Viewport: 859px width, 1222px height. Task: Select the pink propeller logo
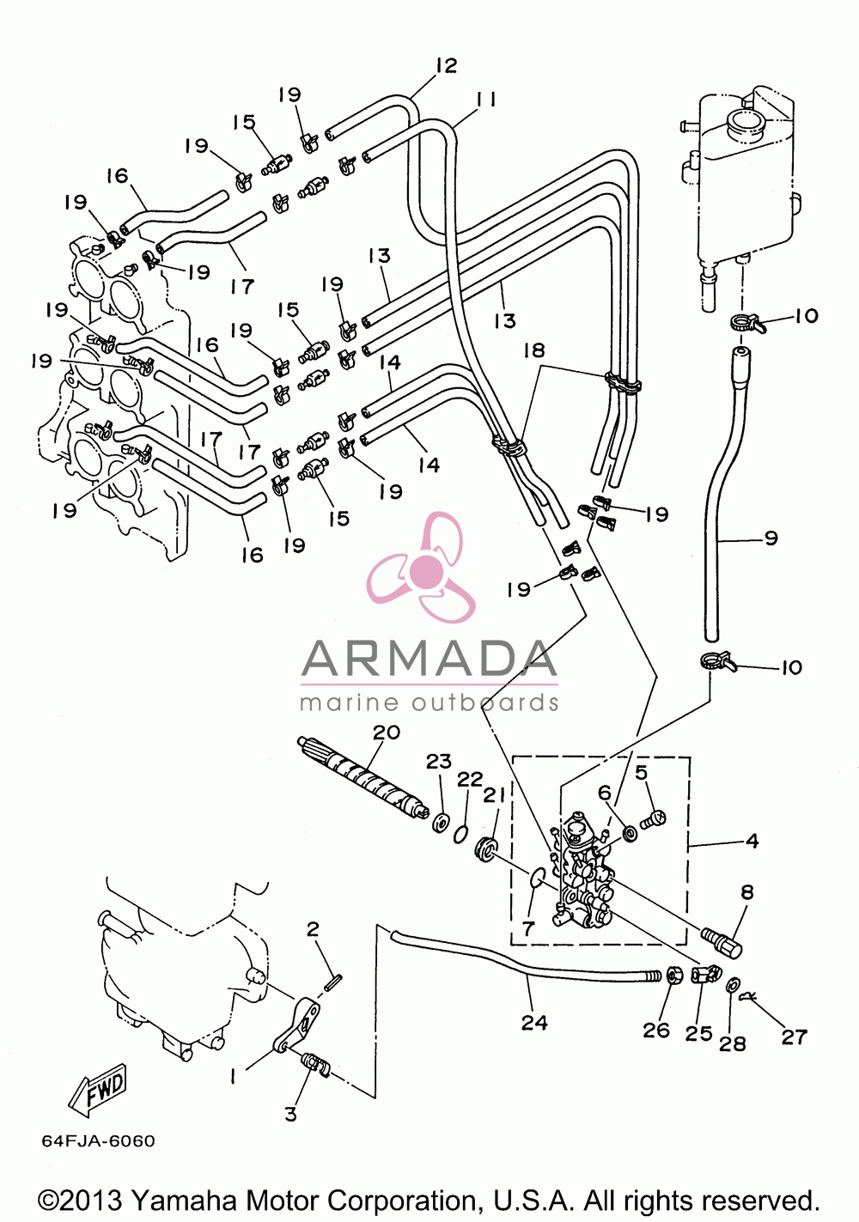[420, 568]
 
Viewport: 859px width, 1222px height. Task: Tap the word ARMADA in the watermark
[429, 658]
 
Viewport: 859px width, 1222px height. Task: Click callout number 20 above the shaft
[387, 733]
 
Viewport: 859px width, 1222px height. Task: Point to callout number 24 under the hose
[534, 1023]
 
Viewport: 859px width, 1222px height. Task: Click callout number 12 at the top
[447, 65]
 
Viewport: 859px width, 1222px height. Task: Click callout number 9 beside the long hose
[770, 538]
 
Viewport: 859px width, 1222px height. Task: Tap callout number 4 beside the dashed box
[752, 841]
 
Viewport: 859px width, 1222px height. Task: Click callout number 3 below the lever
[291, 1114]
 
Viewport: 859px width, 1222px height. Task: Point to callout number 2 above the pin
[312, 929]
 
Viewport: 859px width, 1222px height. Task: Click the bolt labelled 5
[653, 818]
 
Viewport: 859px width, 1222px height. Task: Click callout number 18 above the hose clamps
[533, 350]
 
